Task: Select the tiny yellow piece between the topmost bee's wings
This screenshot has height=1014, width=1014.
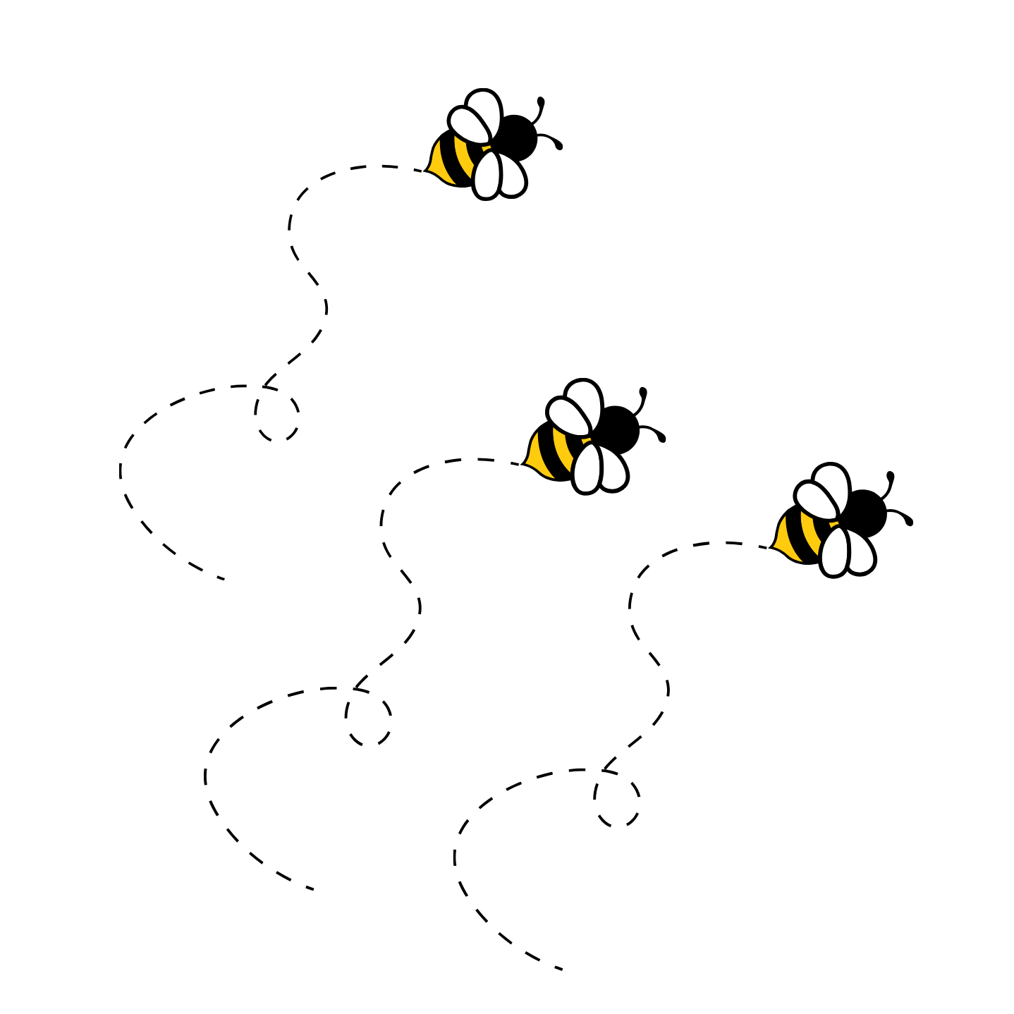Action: pos(486,148)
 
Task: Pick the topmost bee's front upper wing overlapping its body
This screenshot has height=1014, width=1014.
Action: pos(468,126)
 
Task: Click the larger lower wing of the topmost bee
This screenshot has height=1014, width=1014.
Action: pos(487,175)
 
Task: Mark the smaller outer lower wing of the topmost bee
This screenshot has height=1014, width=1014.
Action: pos(513,176)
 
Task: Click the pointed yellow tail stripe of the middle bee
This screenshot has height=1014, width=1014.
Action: pos(538,457)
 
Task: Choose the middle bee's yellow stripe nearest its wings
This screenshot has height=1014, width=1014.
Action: pos(561,448)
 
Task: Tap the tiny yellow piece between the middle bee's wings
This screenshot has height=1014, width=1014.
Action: pos(586,441)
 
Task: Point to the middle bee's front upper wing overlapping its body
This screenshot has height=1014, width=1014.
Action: pos(568,417)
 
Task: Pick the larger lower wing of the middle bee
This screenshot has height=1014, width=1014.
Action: pos(587,468)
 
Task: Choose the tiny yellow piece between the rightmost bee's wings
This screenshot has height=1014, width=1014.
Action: pos(834,525)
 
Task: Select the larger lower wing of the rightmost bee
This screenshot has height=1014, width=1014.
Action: pos(835,551)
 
